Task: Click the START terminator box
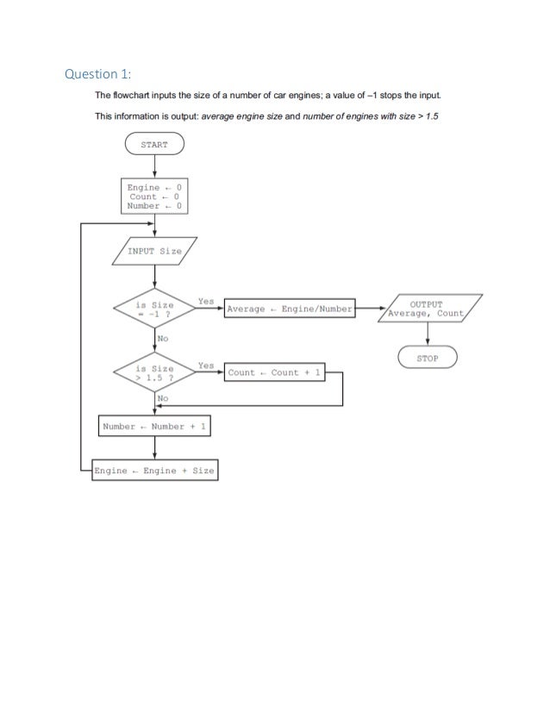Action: [x=154, y=145]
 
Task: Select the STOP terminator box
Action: [x=428, y=358]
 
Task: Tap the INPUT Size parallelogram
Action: [x=154, y=251]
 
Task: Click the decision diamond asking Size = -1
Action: [x=154, y=309]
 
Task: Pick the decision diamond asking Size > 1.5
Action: [x=154, y=372]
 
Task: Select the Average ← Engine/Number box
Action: [x=290, y=309]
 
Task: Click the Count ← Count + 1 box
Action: [x=274, y=372]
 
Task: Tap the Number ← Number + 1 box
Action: [x=153, y=427]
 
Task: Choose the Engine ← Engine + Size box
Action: [x=154, y=472]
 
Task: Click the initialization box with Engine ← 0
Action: [x=154, y=197]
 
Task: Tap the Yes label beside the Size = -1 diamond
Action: [x=205, y=302]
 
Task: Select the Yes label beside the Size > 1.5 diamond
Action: [x=205, y=365]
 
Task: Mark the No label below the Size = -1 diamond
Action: [x=162, y=339]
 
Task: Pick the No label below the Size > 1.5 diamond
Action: [x=162, y=399]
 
